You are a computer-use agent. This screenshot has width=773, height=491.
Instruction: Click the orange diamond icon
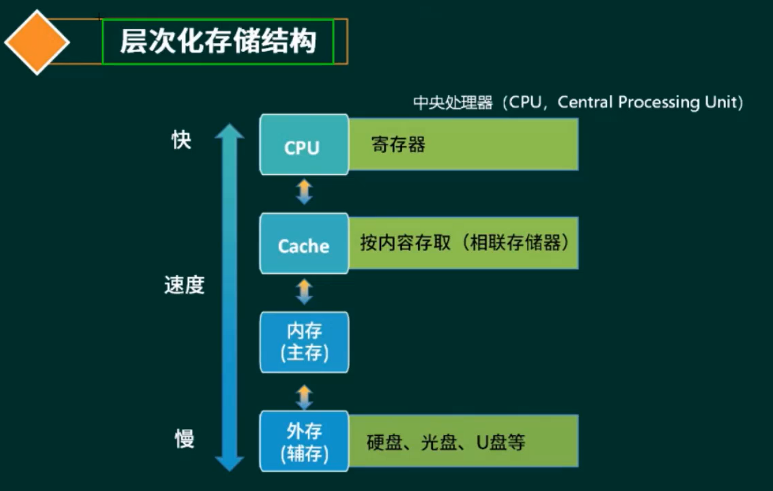(x=37, y=42)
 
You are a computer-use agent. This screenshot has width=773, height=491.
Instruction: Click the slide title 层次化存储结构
(x=218, y=42)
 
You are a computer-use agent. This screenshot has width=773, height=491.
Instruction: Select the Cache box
(x=303, y=245)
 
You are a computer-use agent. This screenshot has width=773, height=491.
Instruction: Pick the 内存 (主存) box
(x=304, y=343)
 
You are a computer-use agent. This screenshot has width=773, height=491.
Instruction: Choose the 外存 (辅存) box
(x=304, y=442)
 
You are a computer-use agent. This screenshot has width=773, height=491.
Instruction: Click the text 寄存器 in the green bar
(x=398, y=145)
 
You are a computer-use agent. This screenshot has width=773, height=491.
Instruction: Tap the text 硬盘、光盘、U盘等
(x=446, y=442)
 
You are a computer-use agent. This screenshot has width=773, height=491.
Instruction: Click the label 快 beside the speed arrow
(x=181, y=140)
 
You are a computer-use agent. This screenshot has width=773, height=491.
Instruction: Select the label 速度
(x=184, y=286)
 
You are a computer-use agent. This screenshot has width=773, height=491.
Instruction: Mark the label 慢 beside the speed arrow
(x=184, y=439)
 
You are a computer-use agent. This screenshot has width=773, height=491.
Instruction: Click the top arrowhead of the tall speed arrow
(x=229, y=132)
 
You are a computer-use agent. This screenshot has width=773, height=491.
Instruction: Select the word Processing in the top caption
(x=658, y=103)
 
